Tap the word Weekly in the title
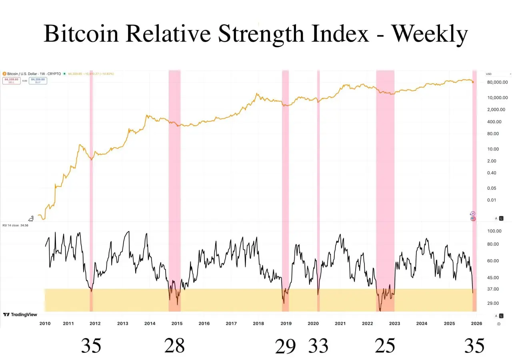coord(429,34)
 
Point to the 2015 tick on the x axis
coord(177,323)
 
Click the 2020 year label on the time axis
coord(313,323)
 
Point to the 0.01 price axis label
coord(492,200)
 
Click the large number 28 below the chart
coord(174,345)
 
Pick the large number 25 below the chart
coord(385,345)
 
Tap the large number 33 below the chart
coord(318,345)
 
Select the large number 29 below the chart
coord(285,346)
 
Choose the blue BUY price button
coord(38,80)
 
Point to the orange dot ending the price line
coord(473,82)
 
